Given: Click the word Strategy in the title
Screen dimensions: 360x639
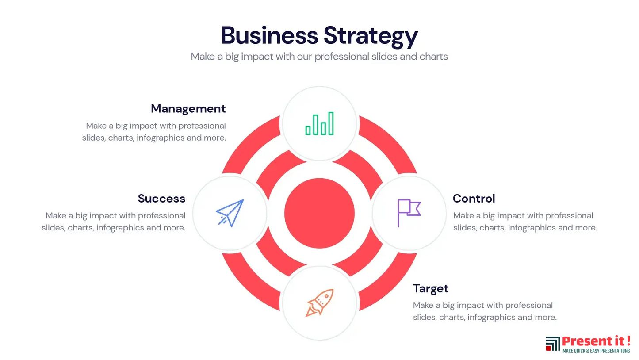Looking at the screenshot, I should (x=371, y=36).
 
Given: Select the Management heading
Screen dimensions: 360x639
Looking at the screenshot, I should (x=188, y=109).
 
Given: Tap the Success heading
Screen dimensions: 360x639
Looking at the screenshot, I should (x=161, y=199).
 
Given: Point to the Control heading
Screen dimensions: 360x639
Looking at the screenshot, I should (x=474, y=199).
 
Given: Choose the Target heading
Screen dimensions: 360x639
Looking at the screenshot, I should (x=430, y=289).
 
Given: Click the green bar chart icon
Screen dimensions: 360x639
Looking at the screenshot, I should (x=319, y=124).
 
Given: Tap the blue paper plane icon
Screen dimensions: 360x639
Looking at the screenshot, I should (x=230, y=213).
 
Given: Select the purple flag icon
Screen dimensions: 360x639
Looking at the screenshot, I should (x=408, y=213).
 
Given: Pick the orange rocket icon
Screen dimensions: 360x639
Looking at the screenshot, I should (x=319, y=303).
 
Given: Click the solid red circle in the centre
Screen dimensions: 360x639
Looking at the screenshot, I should (x=319, y=213).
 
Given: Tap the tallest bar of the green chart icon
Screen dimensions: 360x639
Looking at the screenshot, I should (x=331, y=123).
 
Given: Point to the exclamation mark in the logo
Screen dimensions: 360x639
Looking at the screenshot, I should (x=628, y=341).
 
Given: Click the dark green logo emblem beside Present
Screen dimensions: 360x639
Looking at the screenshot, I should (x=553, y=344).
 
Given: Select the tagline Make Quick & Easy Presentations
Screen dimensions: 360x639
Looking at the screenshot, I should (x=596, y=351).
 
